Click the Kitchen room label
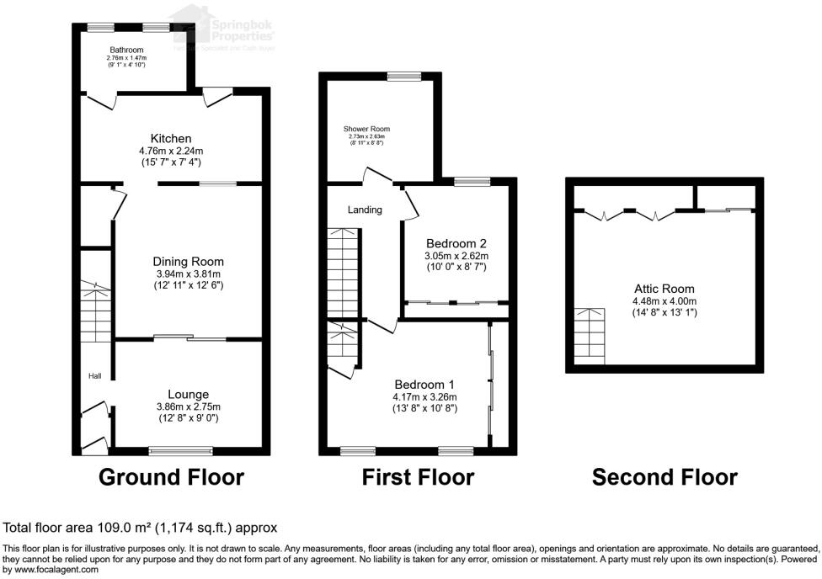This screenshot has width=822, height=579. [171, 138]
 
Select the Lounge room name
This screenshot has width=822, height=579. [188, 394]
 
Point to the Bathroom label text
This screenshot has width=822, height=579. [126, 50]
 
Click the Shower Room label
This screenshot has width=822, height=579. [366, 129]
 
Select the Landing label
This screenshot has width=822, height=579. [365, 210]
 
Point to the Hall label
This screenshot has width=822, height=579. [95, 376]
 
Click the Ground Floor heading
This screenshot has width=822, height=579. [171, 477]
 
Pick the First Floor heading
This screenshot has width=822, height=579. [418, 477]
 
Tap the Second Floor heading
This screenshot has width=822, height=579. [665, 477]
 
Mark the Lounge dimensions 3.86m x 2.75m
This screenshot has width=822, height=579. [188, 406]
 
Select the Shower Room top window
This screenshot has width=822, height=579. [404, 77]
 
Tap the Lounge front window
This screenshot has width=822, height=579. [181, 451]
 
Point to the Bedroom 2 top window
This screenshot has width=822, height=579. [472, 181]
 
